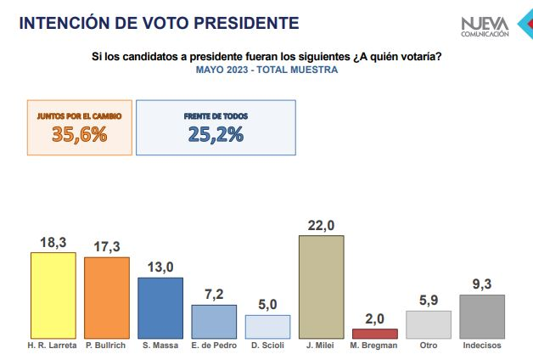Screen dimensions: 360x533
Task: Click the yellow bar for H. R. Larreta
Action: (x=53, y=295)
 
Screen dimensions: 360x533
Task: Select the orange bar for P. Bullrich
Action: (x=106, y=297)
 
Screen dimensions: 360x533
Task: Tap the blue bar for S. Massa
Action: (x=160, y=308)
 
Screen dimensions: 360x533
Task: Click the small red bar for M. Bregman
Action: (x=374, y=334)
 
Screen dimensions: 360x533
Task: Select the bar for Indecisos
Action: (x=481, y=317)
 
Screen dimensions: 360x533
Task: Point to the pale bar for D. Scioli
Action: (x=267, y=327)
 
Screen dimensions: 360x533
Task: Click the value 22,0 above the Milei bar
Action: (x=321, y=224)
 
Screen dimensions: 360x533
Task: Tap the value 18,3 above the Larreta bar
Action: (x=53, y=242)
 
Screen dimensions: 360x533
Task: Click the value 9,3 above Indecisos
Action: (x=481, y=284)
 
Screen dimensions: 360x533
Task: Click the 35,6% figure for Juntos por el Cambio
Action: (x=79, y=134)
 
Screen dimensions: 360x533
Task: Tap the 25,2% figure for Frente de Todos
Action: (x=215, y=134)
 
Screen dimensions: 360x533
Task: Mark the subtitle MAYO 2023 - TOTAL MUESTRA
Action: (x=266, y=70)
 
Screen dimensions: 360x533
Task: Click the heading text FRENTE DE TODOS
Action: (x=215, y=115)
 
